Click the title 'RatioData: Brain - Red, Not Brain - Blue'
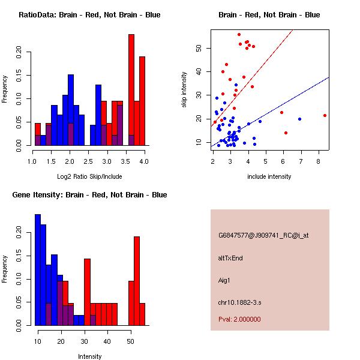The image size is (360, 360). coord(89,15)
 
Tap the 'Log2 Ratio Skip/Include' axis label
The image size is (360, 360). coord(89,176)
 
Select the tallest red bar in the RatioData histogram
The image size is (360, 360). coord(131,90)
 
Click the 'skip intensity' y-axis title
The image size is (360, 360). coord(184,90)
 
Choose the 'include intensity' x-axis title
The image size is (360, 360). coord(269,176)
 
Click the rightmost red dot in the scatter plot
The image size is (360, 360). coord(325,115)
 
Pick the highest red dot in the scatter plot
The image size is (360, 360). coord(239,35)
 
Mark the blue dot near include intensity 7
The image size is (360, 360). coord(299,119)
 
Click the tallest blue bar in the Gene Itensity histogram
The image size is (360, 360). coord(37,270)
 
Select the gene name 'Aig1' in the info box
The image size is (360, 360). coord(224,280)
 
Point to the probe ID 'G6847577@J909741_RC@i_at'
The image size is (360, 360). coord(263,236)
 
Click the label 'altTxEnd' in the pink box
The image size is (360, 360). coord(230,258)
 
